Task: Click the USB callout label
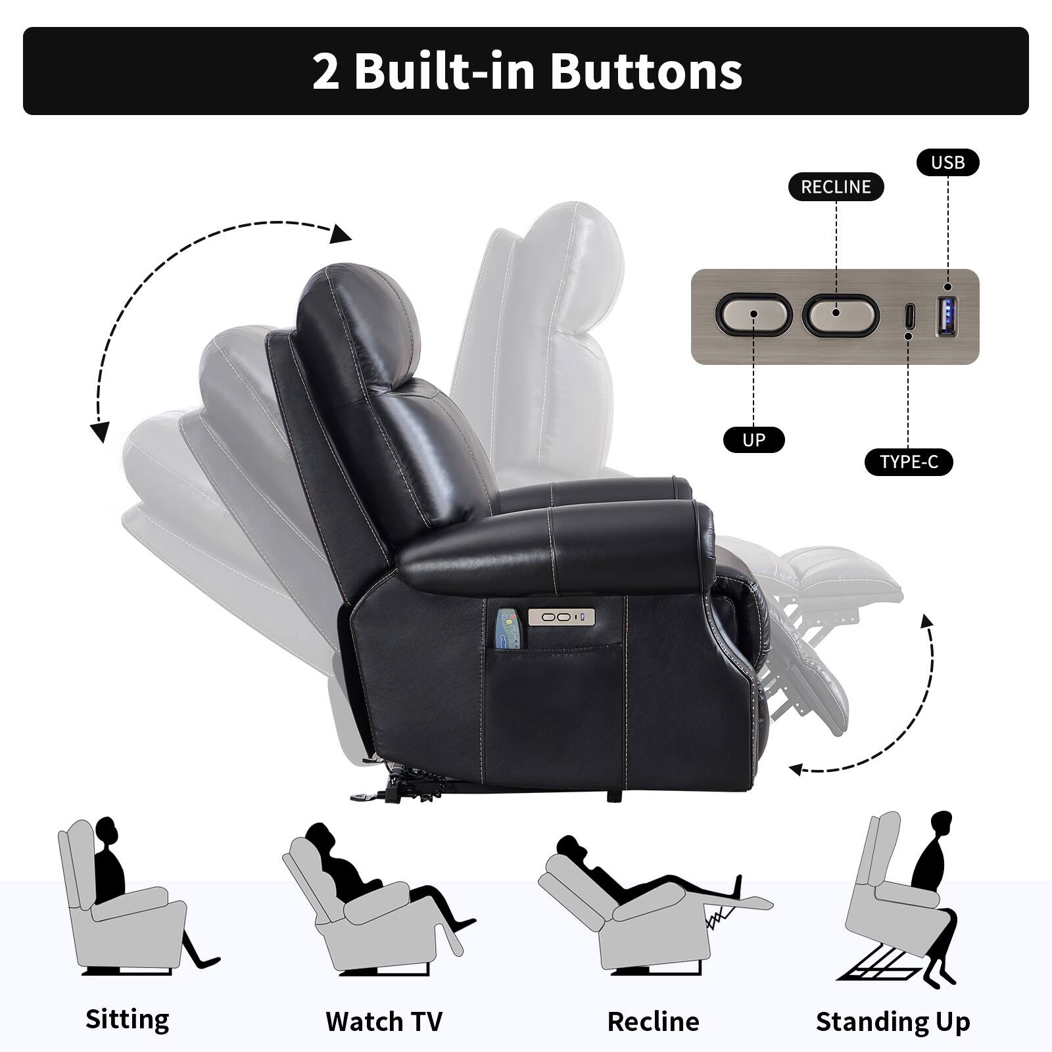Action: pyautogui.click(x=947, y=163)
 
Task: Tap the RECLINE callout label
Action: pyautogui.click(x=836, y=187)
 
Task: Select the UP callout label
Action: pyautogui.click(x=753, y=440)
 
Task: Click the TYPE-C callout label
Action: pyautogui.click(x=909, y=462)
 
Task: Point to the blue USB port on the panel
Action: pyautogui.click(x=947, y=316)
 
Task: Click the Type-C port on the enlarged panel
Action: pyautogui.click(x=909, y=317)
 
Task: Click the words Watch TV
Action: pyautogui.click(x=384, y=1021)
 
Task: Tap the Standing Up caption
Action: pyautogui.click(x=893, y=1022)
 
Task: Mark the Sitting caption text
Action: pyautogui.click(x=128, y=1019)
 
